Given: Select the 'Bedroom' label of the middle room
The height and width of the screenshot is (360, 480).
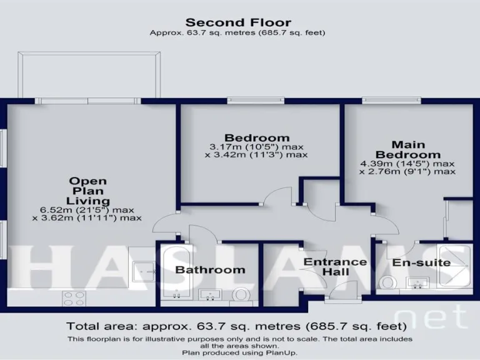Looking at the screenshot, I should pyautogui.click(x=257, y=137).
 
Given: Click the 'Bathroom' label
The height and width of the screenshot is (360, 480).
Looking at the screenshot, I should pyautogui.click(x=209, y=270).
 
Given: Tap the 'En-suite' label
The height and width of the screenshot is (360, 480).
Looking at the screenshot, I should pyautogui.click(x=421, y=262).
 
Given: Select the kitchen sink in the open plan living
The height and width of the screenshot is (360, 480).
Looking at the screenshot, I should pyautogui.click(x=145, y=271).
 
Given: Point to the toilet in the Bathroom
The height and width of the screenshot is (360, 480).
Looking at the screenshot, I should pyautogui.click(x=241, y=294).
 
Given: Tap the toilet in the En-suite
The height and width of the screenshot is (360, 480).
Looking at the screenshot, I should pyautogui.click(x=388, y=283).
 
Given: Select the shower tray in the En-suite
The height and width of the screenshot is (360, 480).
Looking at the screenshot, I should pyautogui.click(x=457, y=266).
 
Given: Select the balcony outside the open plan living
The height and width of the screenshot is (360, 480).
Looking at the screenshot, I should pyautogui.click(x=89, y=75).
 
